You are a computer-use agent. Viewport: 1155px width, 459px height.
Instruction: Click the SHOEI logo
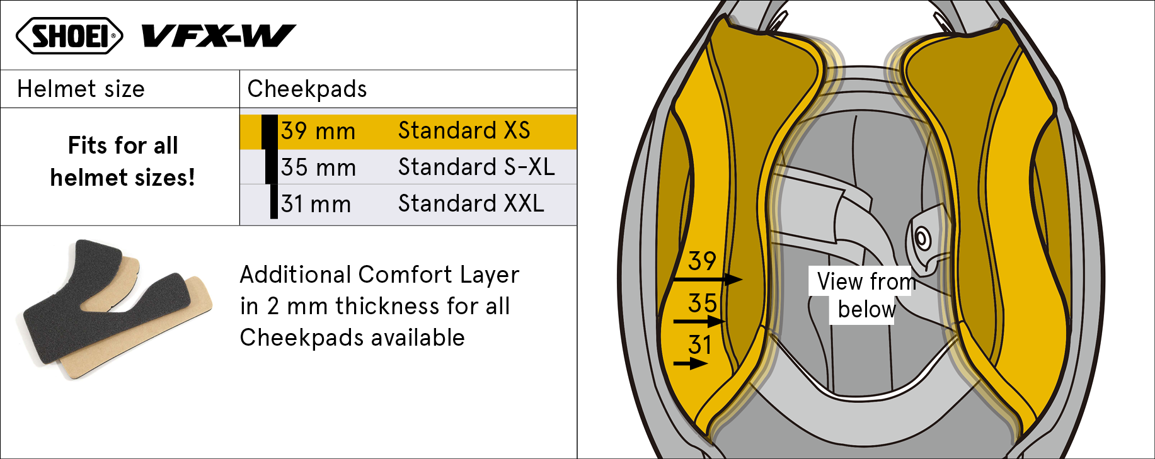click(x=69, y=35)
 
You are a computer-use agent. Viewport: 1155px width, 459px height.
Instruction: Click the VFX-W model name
click(x=219, y=36)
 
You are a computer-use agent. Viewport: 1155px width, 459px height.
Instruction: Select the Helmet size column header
click(x=81, y=89)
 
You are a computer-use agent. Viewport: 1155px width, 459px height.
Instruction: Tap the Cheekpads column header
click(x=307, y=89)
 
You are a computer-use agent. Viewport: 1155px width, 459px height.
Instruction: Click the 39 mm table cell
click(x=318, y=131)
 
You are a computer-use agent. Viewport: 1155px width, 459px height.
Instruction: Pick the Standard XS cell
click(x=464, y=130)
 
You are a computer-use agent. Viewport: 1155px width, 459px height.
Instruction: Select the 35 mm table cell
click(x=318, y=167)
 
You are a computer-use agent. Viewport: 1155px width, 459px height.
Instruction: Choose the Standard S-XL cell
click(x=476, y=167)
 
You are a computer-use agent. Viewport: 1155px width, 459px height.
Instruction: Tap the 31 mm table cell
click(x=316, y=204)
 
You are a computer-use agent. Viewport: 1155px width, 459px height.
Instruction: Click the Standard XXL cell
click(x=471, y=203)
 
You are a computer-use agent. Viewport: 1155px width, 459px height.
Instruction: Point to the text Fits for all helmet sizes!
click(x=123, y=161)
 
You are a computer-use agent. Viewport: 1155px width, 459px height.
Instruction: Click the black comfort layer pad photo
click(x=104, y=296)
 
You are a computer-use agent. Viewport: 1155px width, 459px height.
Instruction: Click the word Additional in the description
click(x=296, y=275)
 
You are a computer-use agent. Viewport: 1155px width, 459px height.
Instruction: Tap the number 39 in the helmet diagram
click(x=702, y=261)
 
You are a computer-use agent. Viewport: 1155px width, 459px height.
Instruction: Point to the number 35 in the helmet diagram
click(x=702, y=303)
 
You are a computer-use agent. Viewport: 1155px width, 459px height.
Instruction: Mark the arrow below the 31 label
click(x=691, y=363)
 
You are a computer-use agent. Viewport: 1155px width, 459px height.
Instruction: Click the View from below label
click(x=866, y=295)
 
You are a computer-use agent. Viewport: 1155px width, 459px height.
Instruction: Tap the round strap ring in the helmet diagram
click(x=922, y=239)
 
